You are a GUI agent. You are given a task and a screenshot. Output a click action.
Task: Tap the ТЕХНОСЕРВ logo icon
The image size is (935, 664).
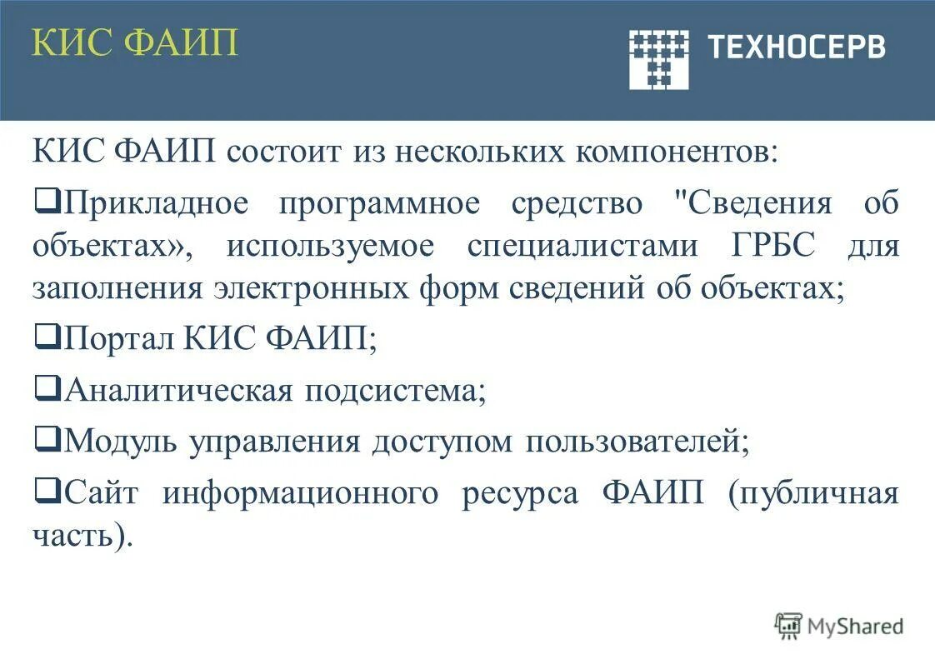click(658, 58)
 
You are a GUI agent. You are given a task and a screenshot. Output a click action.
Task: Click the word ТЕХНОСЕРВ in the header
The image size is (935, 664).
click(796, 47)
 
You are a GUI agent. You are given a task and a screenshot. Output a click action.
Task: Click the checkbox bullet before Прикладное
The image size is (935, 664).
click(48, 202)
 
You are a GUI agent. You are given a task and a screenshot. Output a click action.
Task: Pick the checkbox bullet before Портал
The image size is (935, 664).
click(48, 337)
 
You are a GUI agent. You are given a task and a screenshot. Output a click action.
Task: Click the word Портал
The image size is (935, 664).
click(119, 340)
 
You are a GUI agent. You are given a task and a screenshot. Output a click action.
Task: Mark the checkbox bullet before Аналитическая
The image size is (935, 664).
click(48, 387)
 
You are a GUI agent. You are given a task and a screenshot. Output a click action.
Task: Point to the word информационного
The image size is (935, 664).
click(300, 493)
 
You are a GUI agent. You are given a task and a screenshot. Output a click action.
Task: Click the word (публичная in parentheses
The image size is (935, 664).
click(813, 493)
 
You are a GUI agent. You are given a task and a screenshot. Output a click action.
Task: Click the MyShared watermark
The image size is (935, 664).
click(840, 626)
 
